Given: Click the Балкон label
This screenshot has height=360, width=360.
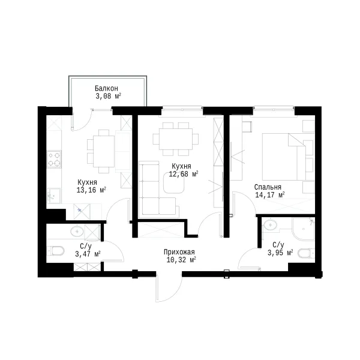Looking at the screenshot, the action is (106, 88).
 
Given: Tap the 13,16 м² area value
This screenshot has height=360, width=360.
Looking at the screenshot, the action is (91, 190).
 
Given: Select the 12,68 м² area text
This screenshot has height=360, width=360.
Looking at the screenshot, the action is (184, 174).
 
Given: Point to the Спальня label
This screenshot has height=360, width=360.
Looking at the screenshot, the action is (268, 187).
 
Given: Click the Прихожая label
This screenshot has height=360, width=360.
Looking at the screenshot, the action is (179, 252).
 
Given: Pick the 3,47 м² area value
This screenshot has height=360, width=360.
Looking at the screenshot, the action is (88, 254).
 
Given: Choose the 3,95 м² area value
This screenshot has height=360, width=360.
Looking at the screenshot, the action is (280, 253).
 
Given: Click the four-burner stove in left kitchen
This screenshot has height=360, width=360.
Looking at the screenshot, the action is (54, 160).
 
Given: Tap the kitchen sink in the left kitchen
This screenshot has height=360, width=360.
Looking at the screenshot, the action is (54, 196).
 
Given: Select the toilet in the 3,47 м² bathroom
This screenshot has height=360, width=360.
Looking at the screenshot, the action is (56, 251).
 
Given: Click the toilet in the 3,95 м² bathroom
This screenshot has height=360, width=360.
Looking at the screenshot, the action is (306, 253).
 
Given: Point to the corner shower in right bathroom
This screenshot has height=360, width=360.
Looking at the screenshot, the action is (303, 229).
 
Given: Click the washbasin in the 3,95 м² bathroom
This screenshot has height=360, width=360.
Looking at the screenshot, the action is (271, 224).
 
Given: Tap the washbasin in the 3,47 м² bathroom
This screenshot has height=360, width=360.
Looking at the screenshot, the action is (77, 231).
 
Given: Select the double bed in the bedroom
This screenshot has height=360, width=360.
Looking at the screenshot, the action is (284, 157).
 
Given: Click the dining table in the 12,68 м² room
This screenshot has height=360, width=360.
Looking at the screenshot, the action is (176, 139).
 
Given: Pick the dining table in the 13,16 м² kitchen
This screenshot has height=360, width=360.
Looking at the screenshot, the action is (104, 151).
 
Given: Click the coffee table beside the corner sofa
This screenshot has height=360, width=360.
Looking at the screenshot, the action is (174, 183).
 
